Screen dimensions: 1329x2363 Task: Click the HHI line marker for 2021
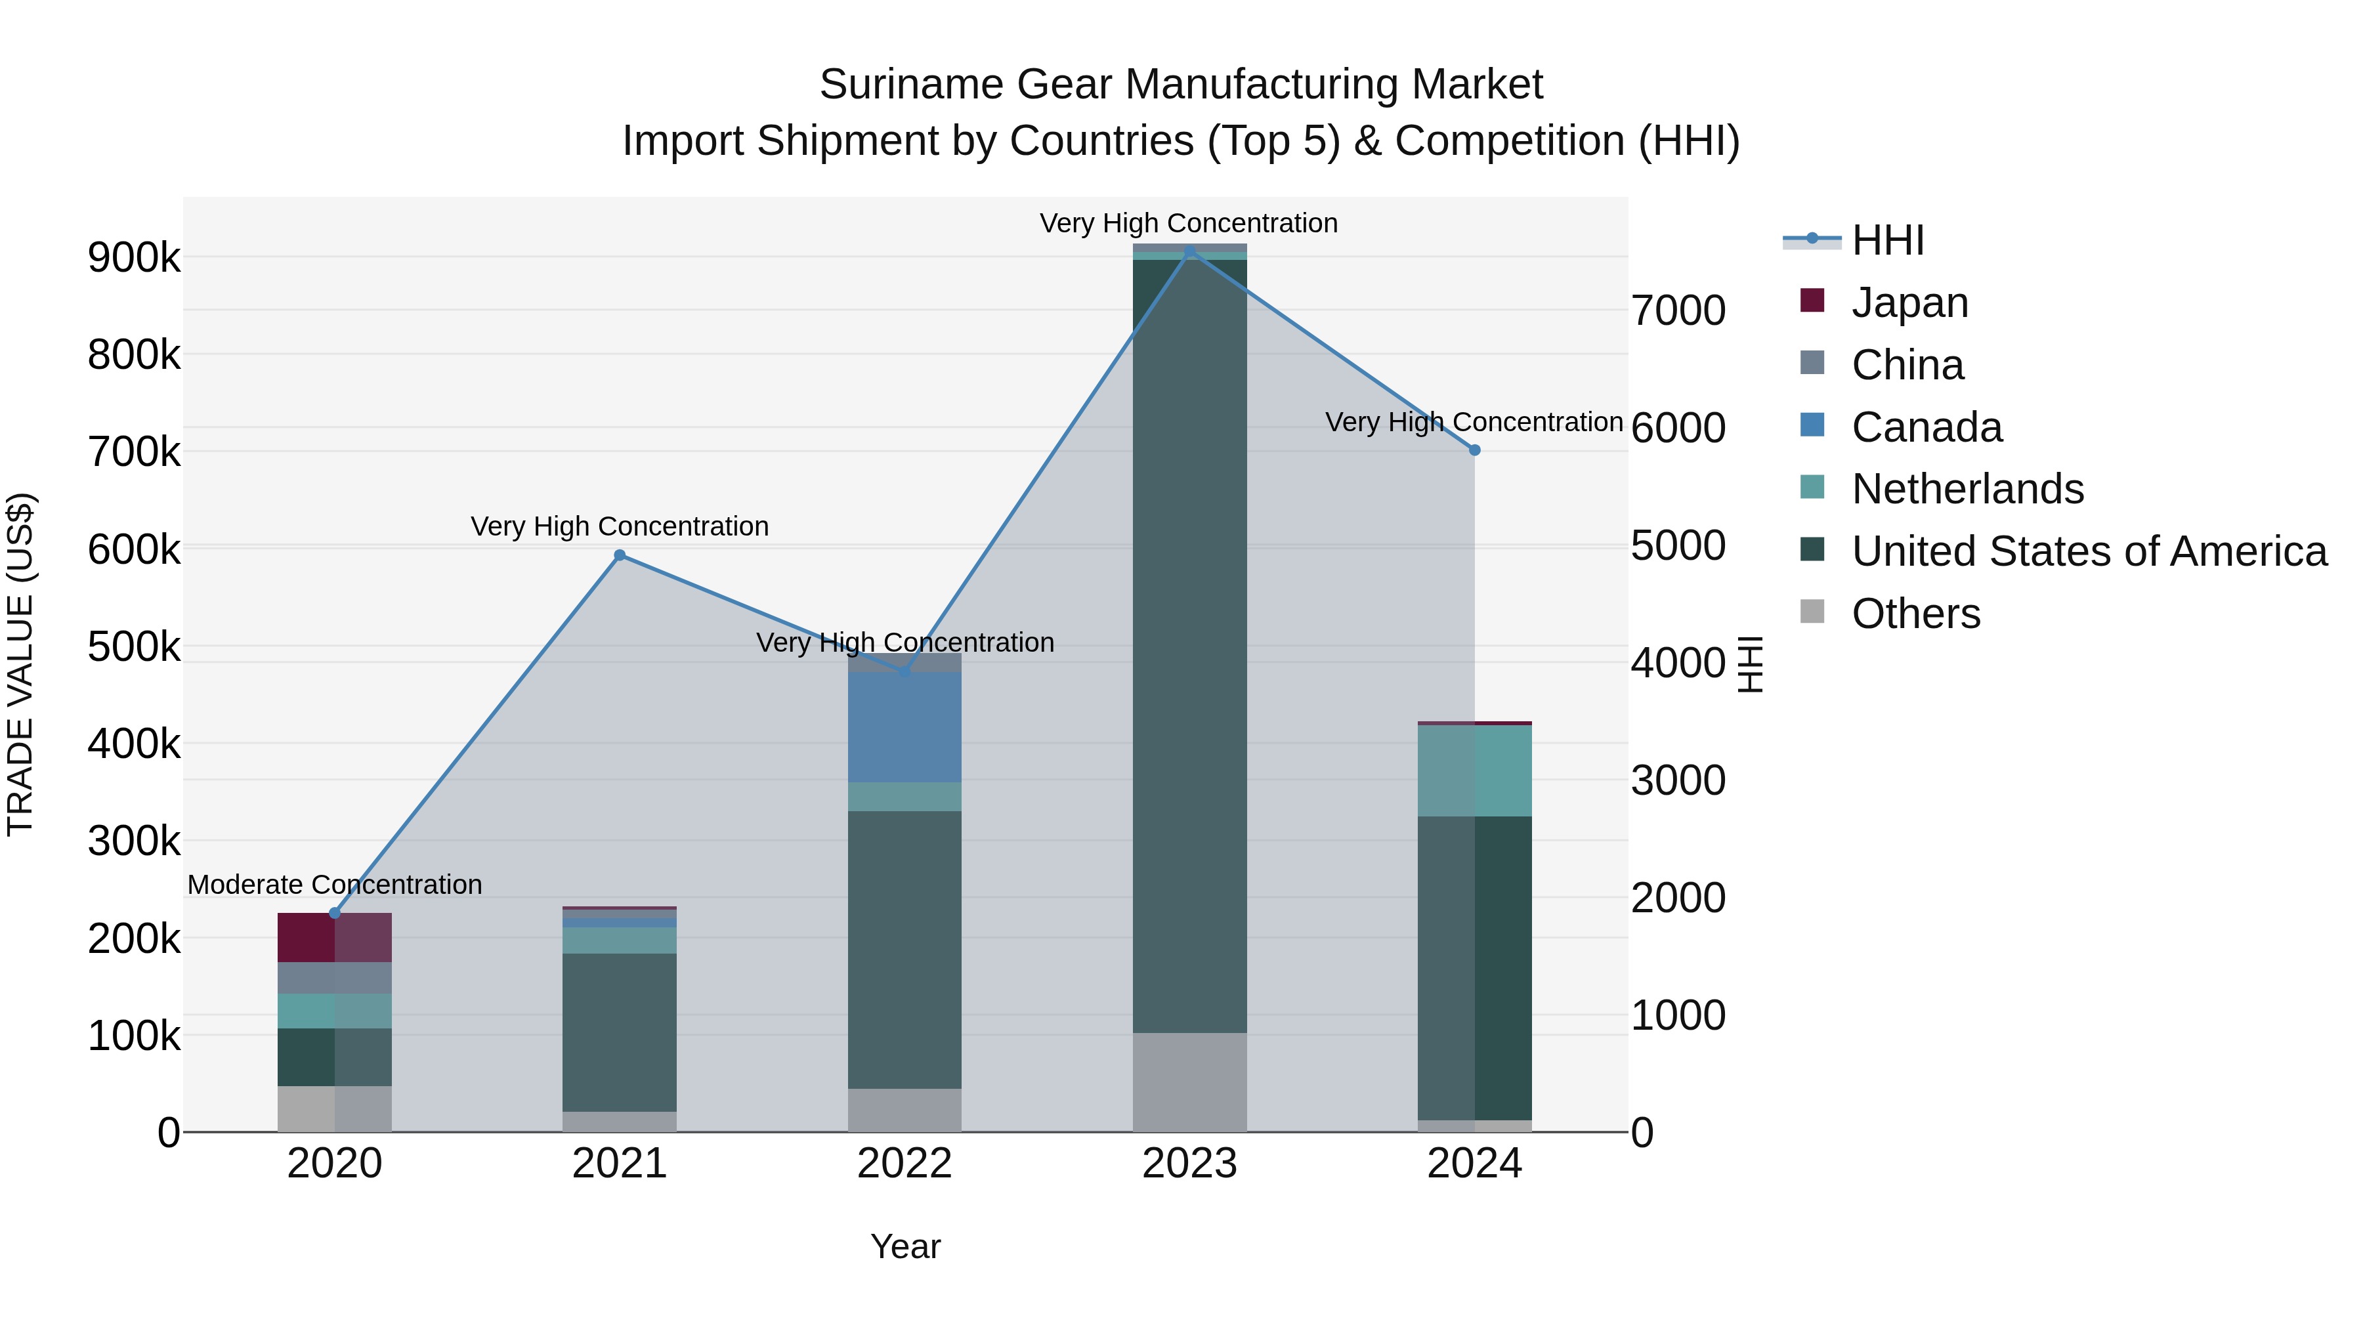pyautogui.click(x=619, y=555)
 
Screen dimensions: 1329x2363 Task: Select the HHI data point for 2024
pyautogui.click(x=1474, y=450)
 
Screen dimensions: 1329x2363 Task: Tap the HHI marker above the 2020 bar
pyautogui.click(x=335, y=913)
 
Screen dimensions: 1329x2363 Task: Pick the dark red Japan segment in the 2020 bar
pyautogui.click(x=335, y=937)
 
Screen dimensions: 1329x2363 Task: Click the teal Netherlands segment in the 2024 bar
pyautogui.click(x=1474, y=770)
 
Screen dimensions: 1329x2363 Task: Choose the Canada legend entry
pyautogui.click(x=1927, y=427)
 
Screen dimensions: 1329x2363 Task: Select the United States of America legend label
pyautogui.click(x=2089, y=551)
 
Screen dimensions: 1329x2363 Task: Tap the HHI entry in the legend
pyautogui.click(x=1887, y=240)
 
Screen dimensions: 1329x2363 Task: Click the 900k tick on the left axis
pyautogui.click(x=134, y=258)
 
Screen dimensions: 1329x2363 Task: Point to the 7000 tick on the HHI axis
pyautogui.click(x=1678, y=311)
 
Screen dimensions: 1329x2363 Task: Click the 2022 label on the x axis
pyautogui.click(x=905, y=1164)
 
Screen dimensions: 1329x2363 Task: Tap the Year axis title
pyautogui.click(x=905, y=1246)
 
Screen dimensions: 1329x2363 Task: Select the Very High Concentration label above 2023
pyautogui.click(x=1189, y=223)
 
